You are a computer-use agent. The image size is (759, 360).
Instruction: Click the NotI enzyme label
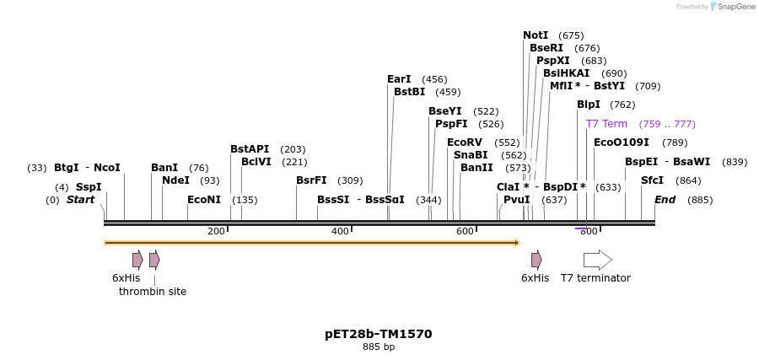536,35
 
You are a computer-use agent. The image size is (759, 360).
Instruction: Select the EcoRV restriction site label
465,142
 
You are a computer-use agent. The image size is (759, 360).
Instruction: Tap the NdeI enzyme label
175,180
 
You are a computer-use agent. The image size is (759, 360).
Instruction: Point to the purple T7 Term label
606,124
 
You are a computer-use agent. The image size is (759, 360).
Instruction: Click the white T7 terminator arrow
597,260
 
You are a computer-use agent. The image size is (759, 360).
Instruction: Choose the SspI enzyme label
89,187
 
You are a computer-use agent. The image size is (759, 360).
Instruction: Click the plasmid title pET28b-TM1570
379,334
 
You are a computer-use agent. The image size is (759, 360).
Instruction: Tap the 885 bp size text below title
379,347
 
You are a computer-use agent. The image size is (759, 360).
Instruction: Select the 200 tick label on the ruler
216,231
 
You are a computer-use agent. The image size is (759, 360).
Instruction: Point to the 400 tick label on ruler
340,231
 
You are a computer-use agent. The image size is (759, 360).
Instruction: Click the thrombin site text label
153,292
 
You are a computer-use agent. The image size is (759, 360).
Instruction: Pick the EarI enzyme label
399,79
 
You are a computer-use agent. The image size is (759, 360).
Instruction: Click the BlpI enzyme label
589,105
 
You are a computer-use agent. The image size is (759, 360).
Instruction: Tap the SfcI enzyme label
652,180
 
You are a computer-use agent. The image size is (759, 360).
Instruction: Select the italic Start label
80,200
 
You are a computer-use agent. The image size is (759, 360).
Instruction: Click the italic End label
665,200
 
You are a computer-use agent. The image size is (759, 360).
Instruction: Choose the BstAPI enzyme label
250,149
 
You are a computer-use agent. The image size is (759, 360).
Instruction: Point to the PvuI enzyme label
516,200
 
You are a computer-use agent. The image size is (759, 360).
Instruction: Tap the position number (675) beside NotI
571,35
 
